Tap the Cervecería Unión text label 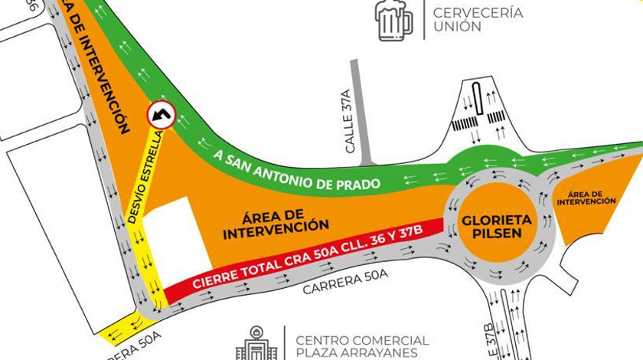(467, 19)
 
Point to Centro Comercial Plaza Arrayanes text (362, 346)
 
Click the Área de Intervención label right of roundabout (586, 198)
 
